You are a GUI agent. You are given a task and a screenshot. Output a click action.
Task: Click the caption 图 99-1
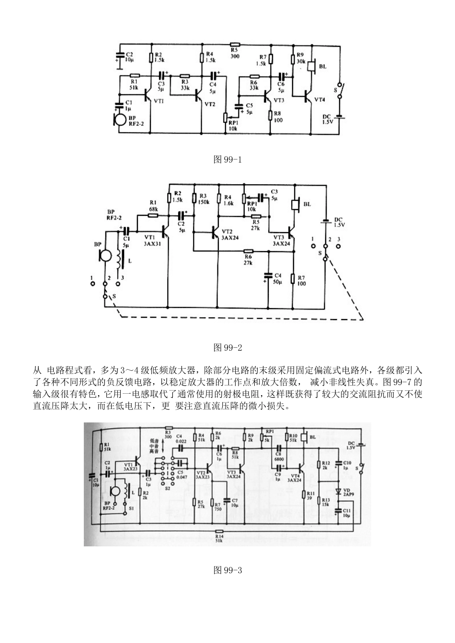click(227, 159)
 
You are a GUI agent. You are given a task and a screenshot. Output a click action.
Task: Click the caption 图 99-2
click(227, 347)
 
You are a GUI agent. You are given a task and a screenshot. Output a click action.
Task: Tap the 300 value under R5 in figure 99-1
click(234, 56)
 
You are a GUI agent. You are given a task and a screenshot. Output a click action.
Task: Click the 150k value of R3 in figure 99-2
click(204, 202)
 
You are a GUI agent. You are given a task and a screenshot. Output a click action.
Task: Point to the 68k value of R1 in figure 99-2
click(153, 209)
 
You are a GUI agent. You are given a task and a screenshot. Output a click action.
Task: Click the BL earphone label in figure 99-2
click(307, 204)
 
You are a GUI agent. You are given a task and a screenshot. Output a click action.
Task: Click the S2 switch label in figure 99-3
click(167, 489)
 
